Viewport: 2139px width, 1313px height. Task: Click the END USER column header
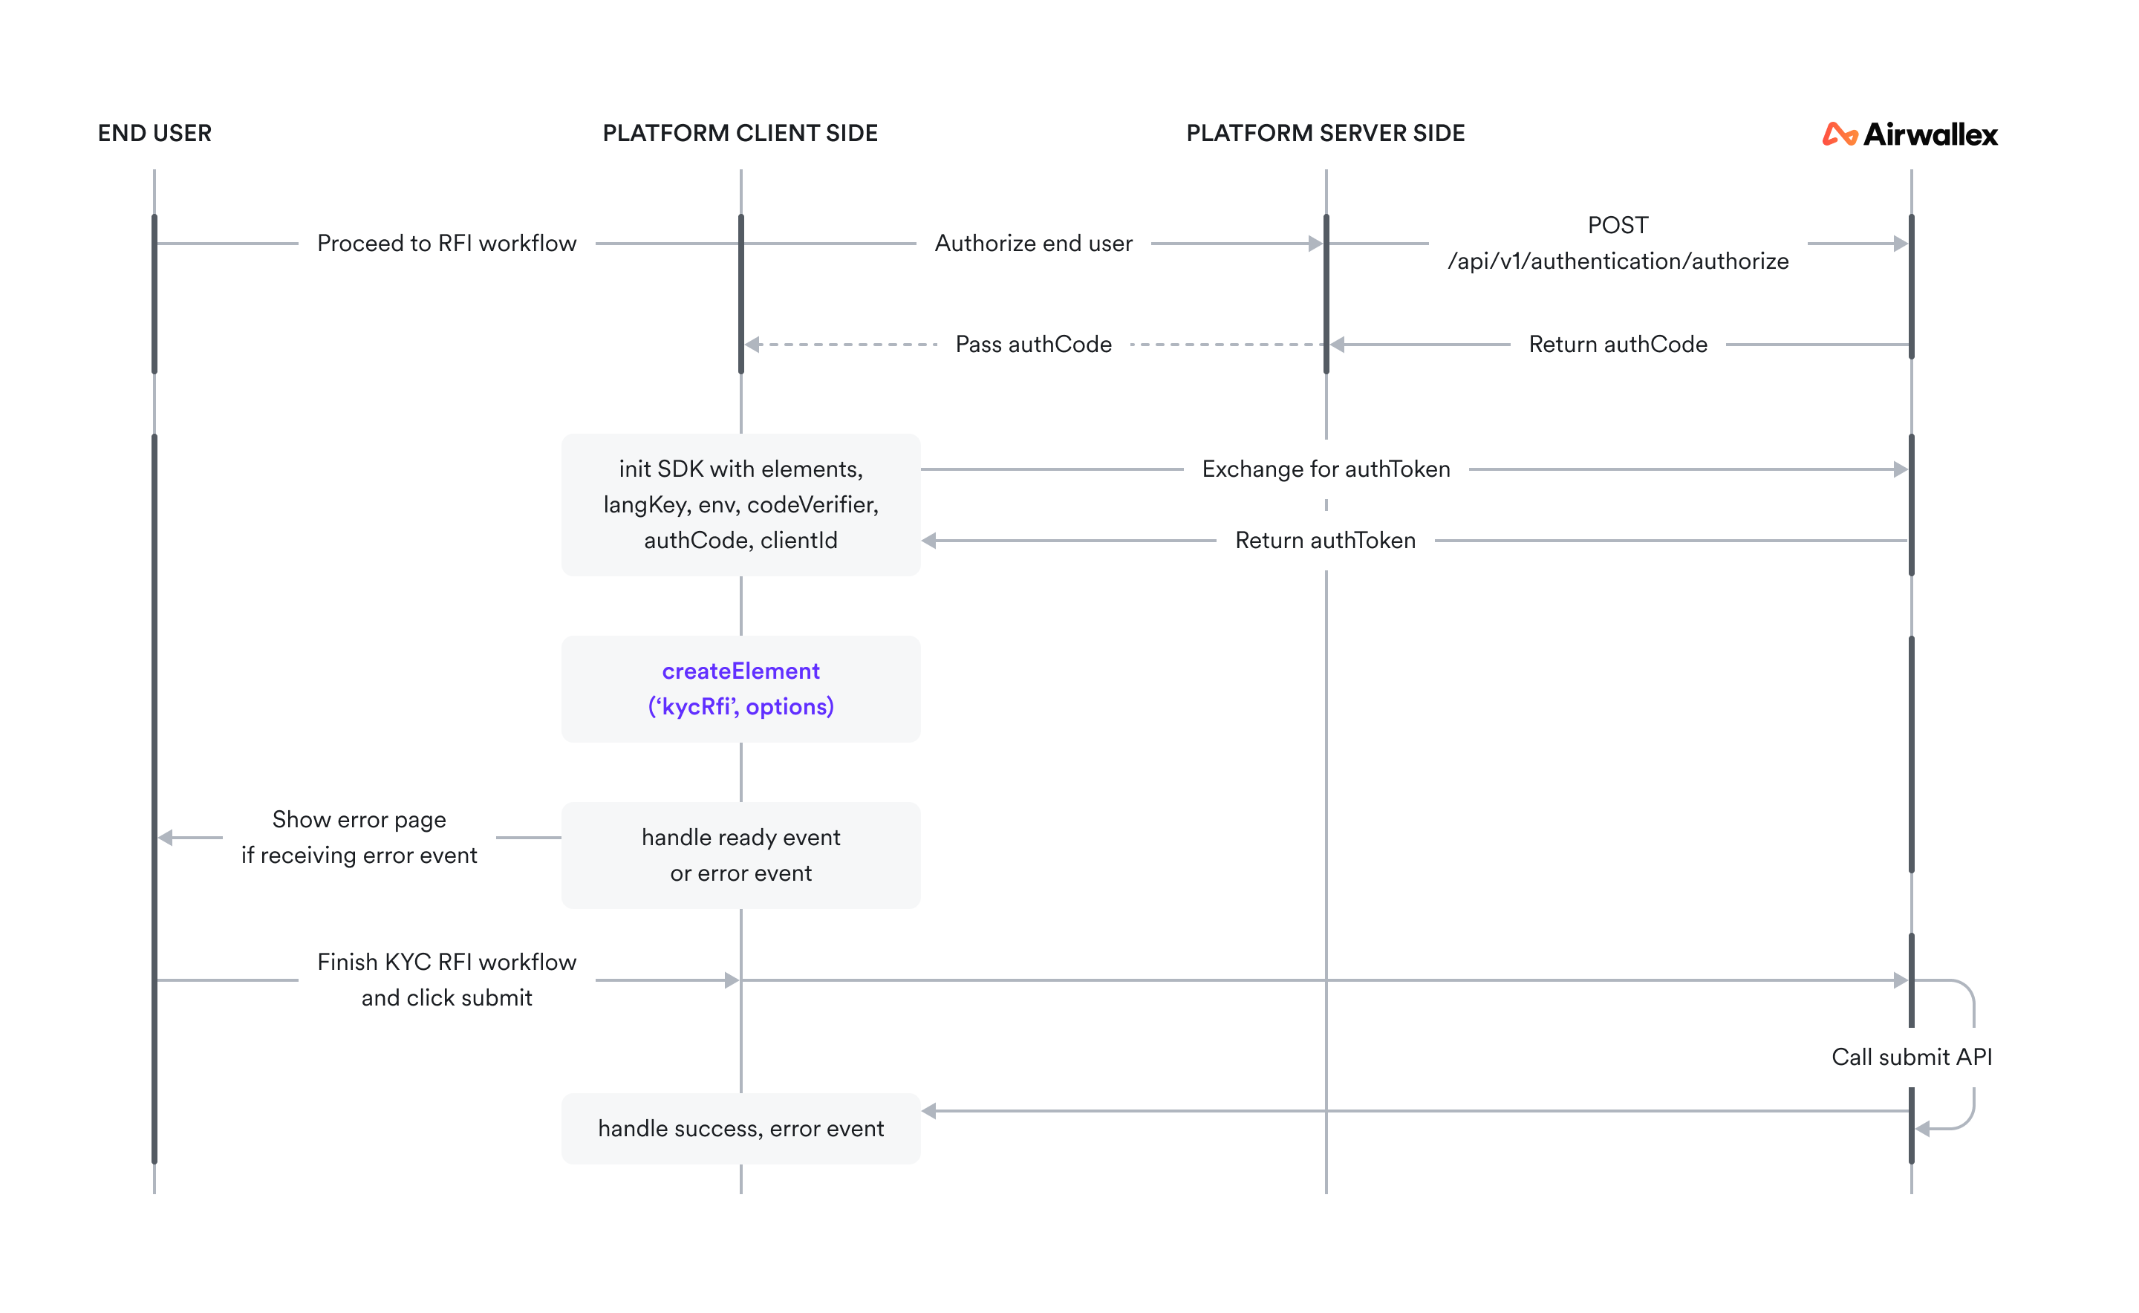point(154,133)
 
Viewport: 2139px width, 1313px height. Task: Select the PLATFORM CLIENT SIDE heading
point(740,133)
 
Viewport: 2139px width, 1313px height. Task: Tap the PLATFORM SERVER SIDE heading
point(1325,133)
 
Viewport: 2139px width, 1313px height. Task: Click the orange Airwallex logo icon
point(1838,134)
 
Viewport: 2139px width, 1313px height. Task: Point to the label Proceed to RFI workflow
point(446,243)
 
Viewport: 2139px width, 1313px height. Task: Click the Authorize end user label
point(1033,243)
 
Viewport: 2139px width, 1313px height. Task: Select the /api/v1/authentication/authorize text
point(1617,261)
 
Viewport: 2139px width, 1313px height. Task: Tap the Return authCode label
point(1617,345)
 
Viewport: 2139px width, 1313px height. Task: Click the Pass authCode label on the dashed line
point(1033,345)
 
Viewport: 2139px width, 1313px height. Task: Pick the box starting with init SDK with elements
point(740,504)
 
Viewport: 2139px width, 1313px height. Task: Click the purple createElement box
point(740,688)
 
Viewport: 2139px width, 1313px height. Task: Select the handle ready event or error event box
point(740,856)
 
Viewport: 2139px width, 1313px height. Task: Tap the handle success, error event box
point(740,1128)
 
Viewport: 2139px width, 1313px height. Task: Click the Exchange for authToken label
point(1325,469)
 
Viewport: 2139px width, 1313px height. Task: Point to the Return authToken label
point(1325,540)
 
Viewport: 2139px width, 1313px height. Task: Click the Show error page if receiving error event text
point(359,837)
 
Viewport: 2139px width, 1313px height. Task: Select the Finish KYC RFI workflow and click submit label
point(446,980)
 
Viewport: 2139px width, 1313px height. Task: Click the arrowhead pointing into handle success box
point(928,1111)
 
